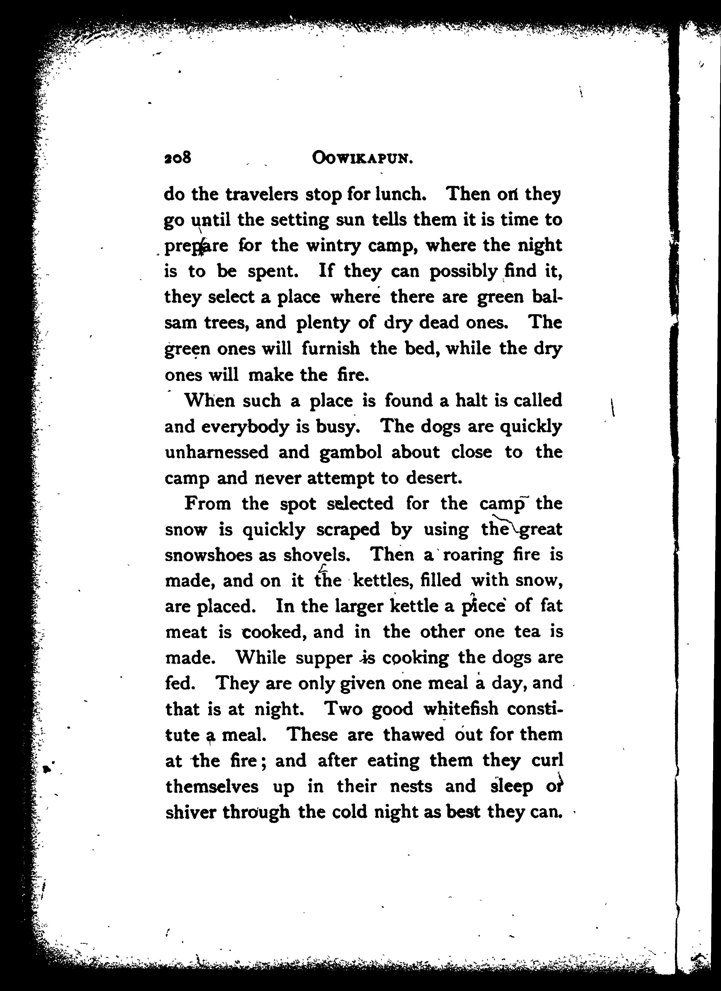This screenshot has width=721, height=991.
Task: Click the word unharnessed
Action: [x=217, y=452]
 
